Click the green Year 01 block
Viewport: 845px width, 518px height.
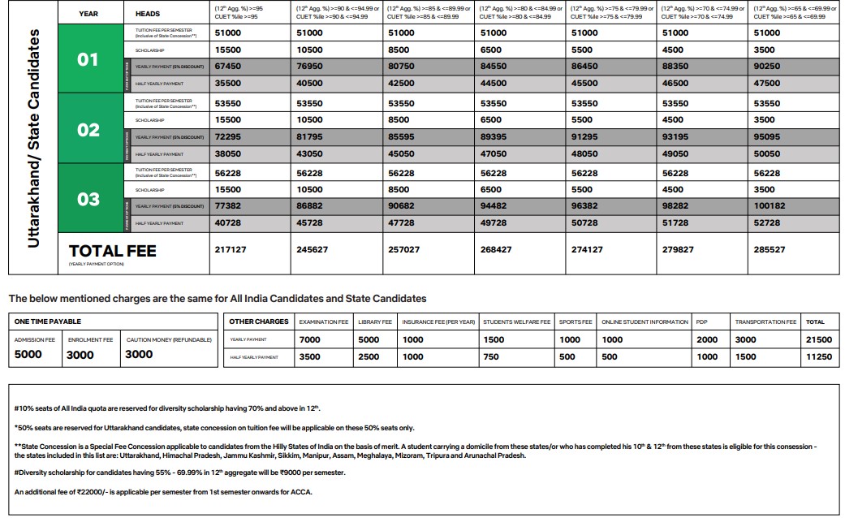click(88, 59)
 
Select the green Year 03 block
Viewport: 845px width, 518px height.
click(88, 199)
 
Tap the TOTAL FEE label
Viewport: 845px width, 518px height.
click(112, 252)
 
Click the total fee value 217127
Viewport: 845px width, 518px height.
click(230, 250)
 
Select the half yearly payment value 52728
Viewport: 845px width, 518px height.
click(767, 223)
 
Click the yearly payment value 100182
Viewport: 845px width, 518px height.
click(770, 206)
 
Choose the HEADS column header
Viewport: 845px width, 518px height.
click(147, 14)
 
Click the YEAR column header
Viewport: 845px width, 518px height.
click(88, 14)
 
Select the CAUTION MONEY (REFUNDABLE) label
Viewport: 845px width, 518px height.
click(168, 339)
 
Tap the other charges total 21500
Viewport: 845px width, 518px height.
click(817, 340)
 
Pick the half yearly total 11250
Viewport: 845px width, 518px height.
click(817, 356)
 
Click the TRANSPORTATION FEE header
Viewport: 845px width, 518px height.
click(765, 322)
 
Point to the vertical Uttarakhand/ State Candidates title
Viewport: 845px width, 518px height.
click(33, 138)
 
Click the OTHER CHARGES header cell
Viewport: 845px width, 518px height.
click(258, 322)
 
